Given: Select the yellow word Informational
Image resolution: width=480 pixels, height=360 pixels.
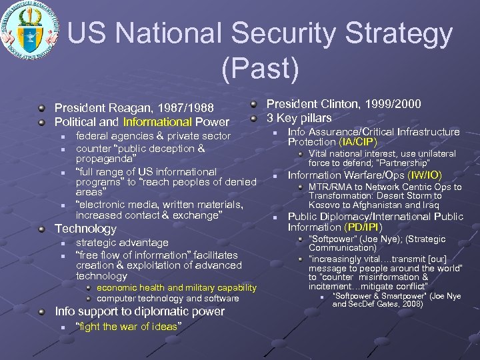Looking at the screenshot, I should click(x=157, y=122).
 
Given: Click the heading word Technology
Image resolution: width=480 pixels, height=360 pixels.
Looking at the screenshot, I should click(x=85, y=229).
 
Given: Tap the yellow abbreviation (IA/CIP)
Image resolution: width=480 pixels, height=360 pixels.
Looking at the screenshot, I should click(x=358, y=142).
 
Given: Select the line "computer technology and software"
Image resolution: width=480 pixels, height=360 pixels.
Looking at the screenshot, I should click(x=168, y=298).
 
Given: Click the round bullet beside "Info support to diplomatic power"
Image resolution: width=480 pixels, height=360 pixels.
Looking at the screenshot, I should click(x=43, y=311).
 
